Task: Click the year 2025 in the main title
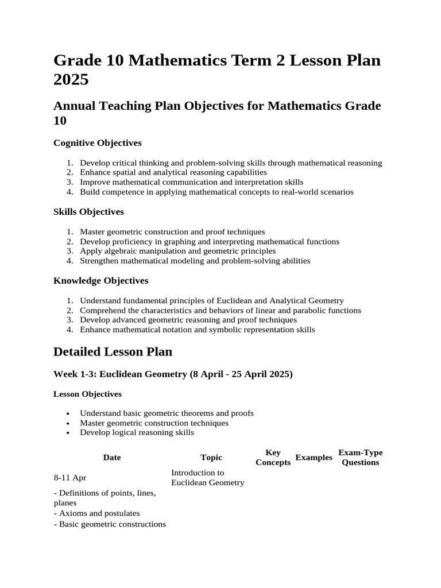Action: pos(71,79)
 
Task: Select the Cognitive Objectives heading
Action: pos(97,142)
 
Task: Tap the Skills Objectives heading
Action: pos(88,211)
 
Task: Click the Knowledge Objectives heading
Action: pos(100,280)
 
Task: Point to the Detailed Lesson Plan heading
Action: pos(113,351)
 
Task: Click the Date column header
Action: pos(112,458)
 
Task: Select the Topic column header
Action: pos(211,458)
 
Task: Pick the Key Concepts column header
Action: pos(273,458)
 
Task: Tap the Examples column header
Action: pos(314,458)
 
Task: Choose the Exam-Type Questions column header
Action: pos(361,458)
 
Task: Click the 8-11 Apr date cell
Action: pos(70,478)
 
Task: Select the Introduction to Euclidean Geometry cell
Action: pos(207,478)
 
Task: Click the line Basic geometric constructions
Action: pos(110,524)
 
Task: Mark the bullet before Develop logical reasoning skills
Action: pos(68,433)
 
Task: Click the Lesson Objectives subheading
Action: pos(87,394)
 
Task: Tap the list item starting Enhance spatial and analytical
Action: pos(173,172)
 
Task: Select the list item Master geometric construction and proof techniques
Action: pos(172,231)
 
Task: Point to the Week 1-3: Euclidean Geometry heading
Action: pos(173,374)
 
